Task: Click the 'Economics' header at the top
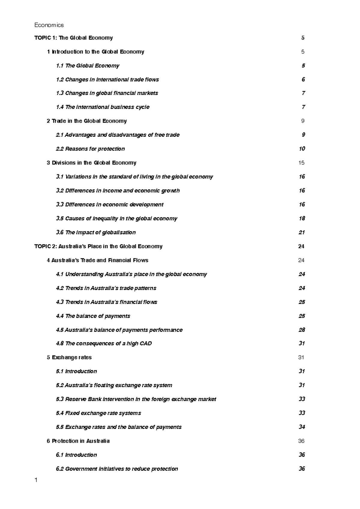tap(49, 25)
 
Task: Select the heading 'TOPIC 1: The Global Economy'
tap(73, 38)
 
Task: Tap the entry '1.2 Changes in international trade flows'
tap(107, 79)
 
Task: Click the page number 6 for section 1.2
tap(303, 79)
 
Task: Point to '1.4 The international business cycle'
tap(103, 107)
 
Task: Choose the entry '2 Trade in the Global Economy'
tap(87, 121)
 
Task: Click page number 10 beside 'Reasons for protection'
tap(302, 149)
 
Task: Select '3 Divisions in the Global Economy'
tap(91, 163)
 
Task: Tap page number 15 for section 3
tap(301, 163)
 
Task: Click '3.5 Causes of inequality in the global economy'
tap(116, 219)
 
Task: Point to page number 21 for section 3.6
tap(302, 232)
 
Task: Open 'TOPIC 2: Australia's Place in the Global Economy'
tap(98, 246)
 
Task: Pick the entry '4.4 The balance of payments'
tap(93, 316)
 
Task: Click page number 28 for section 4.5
tap(302, 330)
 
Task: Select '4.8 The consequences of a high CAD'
tap(104, 344)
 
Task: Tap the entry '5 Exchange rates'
tap(69, 357)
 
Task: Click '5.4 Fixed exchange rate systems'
tap(98, 413)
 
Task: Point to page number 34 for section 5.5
tap(302, 427)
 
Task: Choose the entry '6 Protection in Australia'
tap(78, 441)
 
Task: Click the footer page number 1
tap(36, 481)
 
